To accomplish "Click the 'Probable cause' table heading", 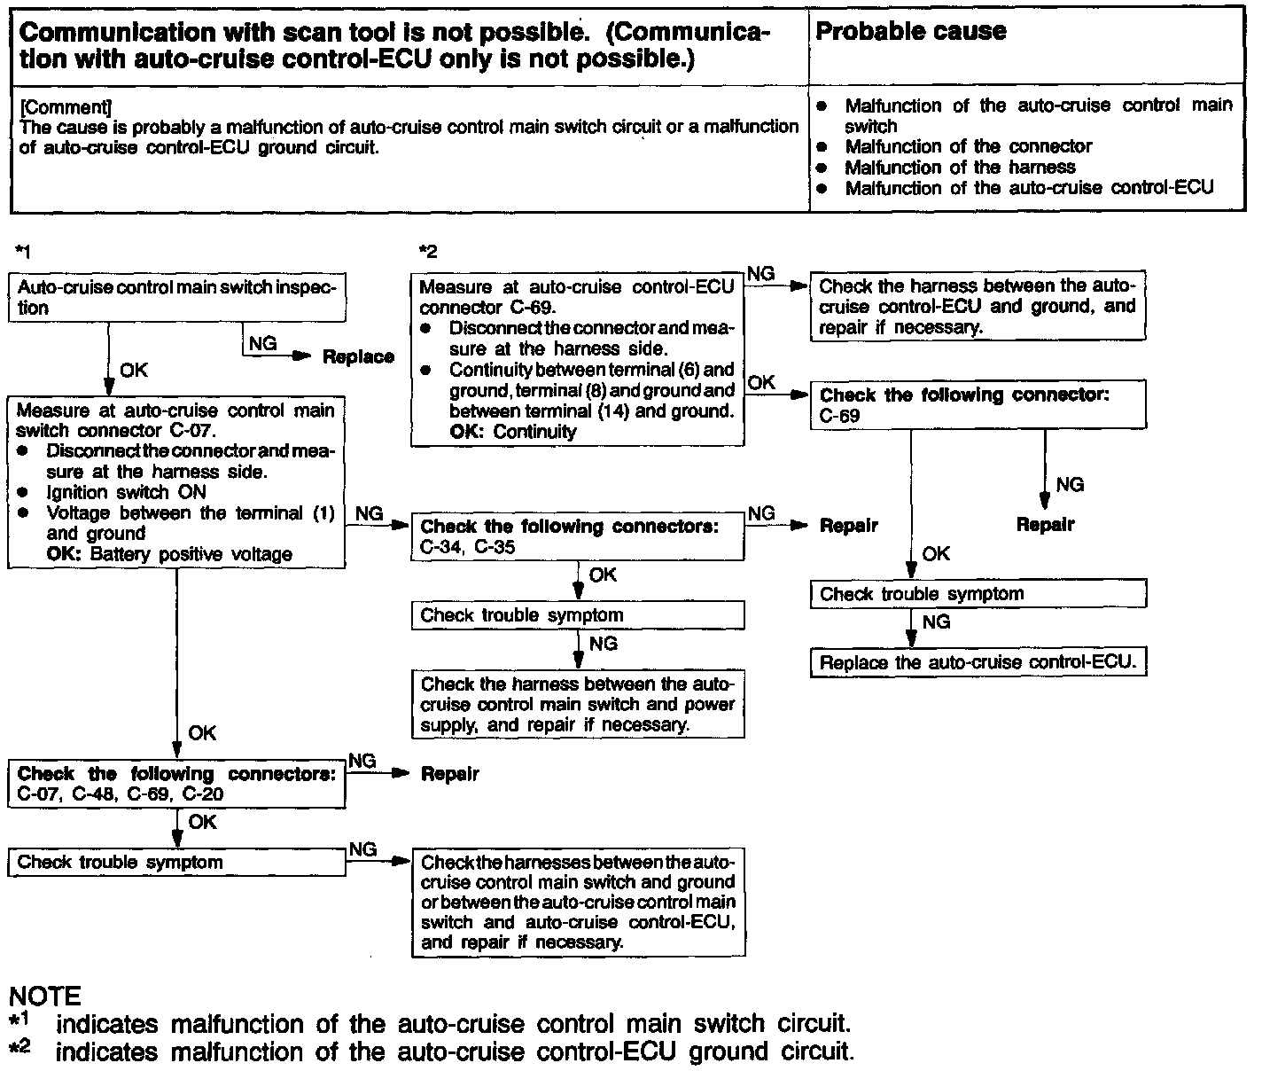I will click(x=910, y=32).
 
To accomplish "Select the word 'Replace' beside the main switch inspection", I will click(x=358, y=357).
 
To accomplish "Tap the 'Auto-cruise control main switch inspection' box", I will click(x=176, y=297).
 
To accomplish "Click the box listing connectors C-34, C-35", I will click(x=577, y=536).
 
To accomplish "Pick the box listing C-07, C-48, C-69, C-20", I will click(x=176, y=784).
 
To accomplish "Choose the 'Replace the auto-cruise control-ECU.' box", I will click(x=978, y=662).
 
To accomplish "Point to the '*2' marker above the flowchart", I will click(x=428, y=252).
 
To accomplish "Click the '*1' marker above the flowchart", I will click(x=24, y=252).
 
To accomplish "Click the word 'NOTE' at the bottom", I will click(x=44, y=997).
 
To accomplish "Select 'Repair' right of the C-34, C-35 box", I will click(x=848, y=526).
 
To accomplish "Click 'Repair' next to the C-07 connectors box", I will click(x=449, y=774).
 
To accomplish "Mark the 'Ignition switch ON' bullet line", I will click(x=126, y=492).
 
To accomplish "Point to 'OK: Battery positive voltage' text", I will click(x=168, y=555).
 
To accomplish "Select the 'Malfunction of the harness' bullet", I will click(x=960, y=168).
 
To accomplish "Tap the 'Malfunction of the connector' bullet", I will click(x=968, y=146).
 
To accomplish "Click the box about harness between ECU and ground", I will click(x=978, y=307).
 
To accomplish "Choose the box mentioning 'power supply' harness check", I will click(x=577, y=705).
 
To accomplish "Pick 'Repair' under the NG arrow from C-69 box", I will click(x=1045, y=525).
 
